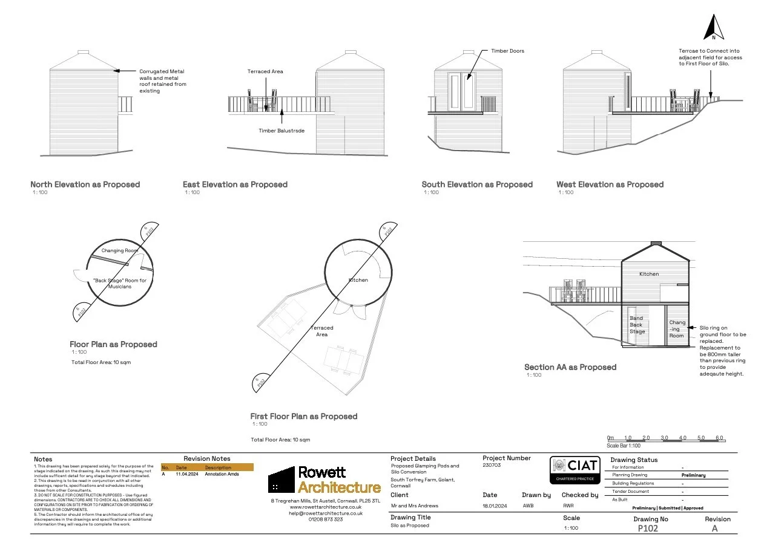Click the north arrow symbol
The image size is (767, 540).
pyautogui.click(x=714, y=28)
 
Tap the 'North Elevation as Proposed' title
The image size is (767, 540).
pyautogui.click(x=85, y=184)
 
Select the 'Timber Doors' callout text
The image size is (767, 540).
pyautogui.click(x=507, y=51)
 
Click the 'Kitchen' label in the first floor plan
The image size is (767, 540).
pyautogui.click(x=358, y=280)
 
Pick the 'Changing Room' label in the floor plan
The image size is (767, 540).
pyautogui.click(x=120, y=250)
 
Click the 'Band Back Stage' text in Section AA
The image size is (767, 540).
pyautogui.click(x=637, y=325)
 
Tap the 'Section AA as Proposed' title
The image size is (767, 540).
pyautogui.click(x=570, y=367)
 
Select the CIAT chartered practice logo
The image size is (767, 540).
pyautogui.click(x=574, y=470)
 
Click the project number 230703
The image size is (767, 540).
pyautogui.click(x=492, y=466)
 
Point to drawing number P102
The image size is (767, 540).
pyautogui.click(x=648, y=528)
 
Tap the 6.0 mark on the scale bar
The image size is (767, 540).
pyautogui.click(x=719, y=438)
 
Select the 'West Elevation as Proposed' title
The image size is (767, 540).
pyautogui.click(x=610, y=184)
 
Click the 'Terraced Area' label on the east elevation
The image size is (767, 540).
pyautogui.click(x=265, y=71)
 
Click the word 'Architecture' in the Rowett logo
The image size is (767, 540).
pyautogui.click(x=339, y=487)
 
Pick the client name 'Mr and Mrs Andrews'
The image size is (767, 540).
pyautogui.click(x=415, y=506)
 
